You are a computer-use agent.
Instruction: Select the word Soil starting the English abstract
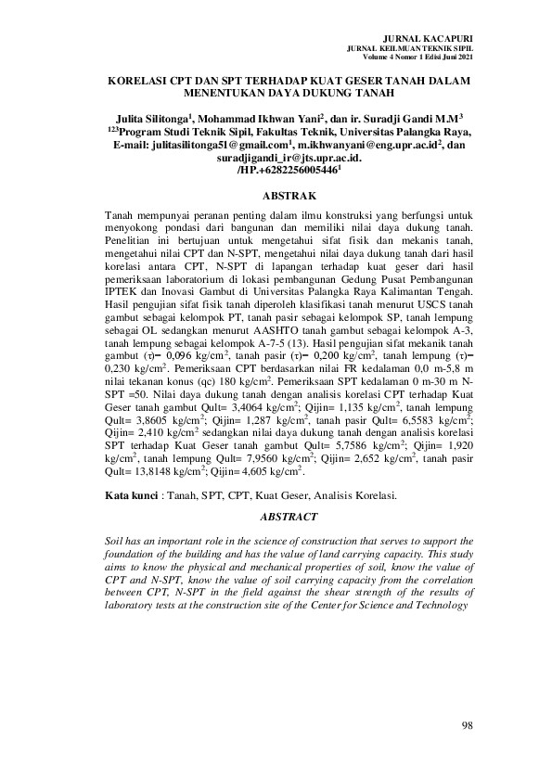click(x=116, y=540)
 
